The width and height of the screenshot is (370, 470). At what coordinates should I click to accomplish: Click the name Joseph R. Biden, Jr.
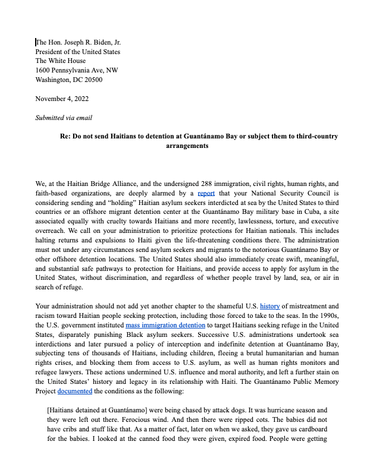pyautogui.click(x=92, y=42)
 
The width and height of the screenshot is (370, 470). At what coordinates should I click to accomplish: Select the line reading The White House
pyautogui.click(x=60, y=61)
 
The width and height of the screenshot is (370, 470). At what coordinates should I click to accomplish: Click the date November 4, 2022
pyautogui.click(x=62, y=99)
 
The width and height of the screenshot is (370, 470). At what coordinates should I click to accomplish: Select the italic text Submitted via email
pyautogui.click(x=64, y=118)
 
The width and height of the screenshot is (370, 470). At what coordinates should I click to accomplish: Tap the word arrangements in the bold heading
pyautogui.click(x=187, y=146)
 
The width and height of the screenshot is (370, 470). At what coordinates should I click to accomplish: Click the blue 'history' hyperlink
pyautogui.click(x=269, y=306)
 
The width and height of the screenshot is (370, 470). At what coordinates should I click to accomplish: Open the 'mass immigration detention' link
pyautogui.click(x=165, y=326)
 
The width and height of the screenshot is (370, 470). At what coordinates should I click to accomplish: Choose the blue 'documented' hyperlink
pyautogui.click(x=74, y=392)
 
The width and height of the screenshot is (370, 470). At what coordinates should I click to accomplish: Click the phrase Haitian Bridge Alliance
pyautogui.click(x=102, y=184)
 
